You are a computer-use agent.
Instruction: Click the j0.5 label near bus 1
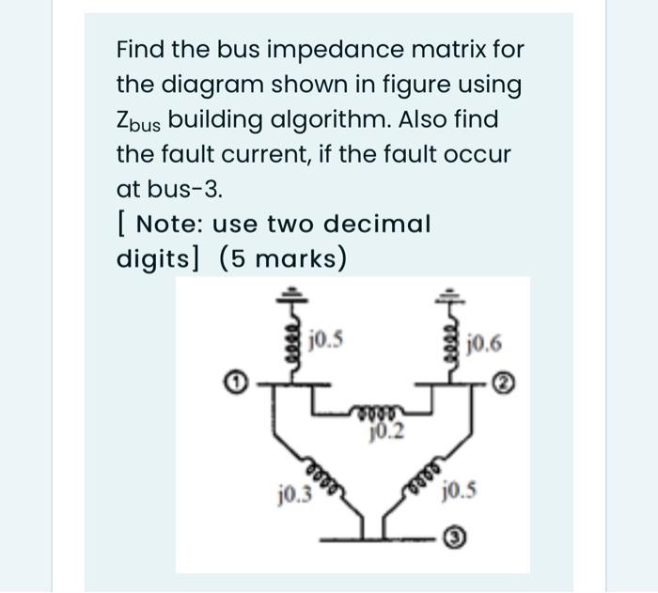[x=328, y=335]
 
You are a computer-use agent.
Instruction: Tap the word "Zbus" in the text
[x=138, y=122]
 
